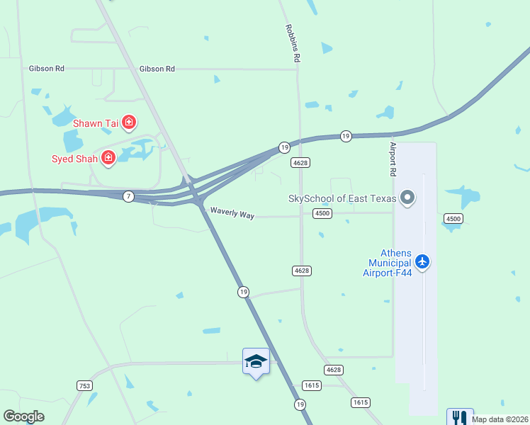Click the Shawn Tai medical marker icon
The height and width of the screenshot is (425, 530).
point(129,123)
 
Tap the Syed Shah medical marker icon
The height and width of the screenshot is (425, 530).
point(108,157)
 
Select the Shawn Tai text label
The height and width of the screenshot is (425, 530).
point(96,123)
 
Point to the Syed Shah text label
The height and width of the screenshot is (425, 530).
point(75,158)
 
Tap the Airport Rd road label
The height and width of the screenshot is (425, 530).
point(393,159)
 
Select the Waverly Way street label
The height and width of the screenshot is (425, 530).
point(232,213)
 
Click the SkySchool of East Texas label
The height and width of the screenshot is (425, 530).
point(342,198)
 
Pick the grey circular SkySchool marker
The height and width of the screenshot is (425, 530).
point(407,198)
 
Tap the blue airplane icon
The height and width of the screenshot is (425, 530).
point(422,262)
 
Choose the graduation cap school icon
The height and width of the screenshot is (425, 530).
point(256,361)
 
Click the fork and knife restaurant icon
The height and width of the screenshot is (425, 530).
point(460,418)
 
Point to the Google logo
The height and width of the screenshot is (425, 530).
point(23,417)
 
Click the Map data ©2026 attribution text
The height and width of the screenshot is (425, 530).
point(500,419)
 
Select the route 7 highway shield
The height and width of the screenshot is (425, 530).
point(128,196)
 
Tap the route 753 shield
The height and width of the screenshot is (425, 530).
point(84,385)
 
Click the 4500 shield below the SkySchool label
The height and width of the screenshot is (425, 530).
point(322,213)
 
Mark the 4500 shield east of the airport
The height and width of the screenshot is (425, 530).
point(453,218)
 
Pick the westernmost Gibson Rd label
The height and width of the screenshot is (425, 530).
point(47,69)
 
